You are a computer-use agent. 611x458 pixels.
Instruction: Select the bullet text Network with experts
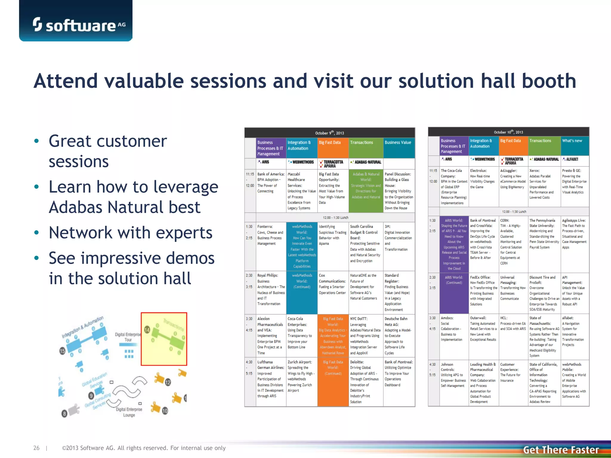pos(130,233)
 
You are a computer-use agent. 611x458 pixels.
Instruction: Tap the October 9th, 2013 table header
pos(329,133)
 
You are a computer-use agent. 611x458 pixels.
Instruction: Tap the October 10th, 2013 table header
pos(508,132)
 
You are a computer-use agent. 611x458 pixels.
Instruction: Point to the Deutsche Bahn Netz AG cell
pos(399,335)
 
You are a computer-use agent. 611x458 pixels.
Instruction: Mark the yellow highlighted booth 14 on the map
pos(164,339)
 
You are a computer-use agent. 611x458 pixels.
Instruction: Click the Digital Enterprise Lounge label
pos(129,412)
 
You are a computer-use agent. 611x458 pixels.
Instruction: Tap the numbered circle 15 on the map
pos(62,351)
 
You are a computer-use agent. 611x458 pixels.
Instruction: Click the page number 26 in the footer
pos(36,448)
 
